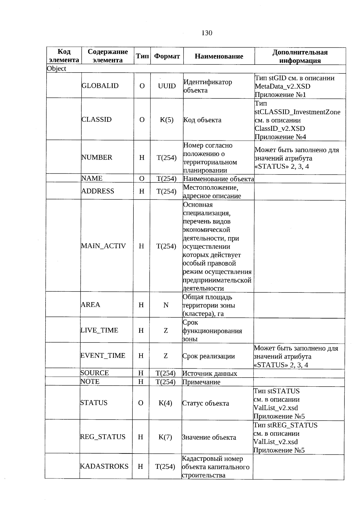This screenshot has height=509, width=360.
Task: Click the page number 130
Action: [x=207, y=33]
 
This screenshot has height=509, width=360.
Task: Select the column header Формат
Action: [x=167, y=56]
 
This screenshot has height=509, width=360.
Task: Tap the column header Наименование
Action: [x=219, y=56]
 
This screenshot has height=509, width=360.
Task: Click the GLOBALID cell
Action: [x=100, y=86]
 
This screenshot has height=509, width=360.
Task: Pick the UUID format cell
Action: [x=167, y=86]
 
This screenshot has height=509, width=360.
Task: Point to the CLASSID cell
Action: [x=97, y=120]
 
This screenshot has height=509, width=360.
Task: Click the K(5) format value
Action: [x=167, y=120]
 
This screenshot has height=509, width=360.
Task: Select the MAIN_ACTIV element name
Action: [x=103, y=246]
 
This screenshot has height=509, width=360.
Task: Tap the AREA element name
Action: [x=90, y=305]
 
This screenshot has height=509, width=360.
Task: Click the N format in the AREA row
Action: [x=166, y=305]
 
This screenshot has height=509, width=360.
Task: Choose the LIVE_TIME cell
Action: [x=99, y=331]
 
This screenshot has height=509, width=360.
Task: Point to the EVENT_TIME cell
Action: [x=103, y=356]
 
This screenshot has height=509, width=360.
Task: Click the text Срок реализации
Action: [x=208, y=356]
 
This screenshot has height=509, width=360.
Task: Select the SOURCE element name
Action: [x=94, y=373]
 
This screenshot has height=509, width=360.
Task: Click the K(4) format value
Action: [x=165, y=403]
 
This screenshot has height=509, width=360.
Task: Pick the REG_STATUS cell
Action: [x=103, y=437]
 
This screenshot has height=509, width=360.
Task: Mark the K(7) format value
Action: [x=165, y=437]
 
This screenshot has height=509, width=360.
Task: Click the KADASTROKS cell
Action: [x=104, y=466]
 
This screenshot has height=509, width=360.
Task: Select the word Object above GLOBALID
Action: [x=57, y=69]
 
